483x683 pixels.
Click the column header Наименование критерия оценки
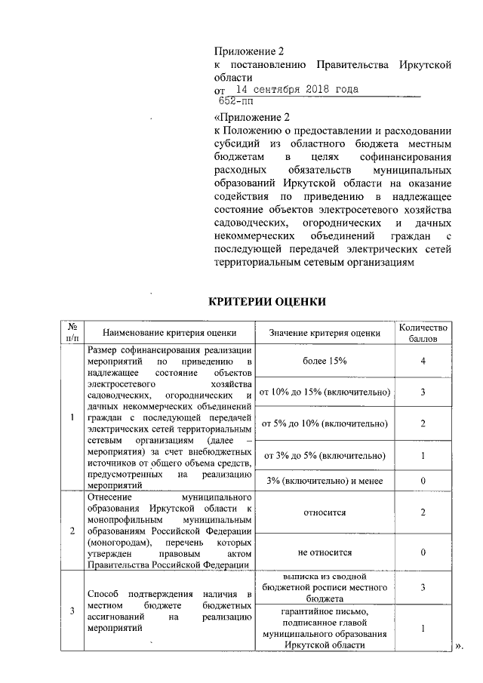(x=170, y=332)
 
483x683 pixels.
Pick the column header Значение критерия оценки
(x=325, y=332)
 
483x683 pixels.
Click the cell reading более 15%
(x=325, y=361)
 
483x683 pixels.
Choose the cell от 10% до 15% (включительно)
(x=325, y=392)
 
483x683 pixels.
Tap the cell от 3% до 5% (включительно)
(x=325, y=455)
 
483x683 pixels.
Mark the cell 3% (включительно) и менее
(x=325, y=481)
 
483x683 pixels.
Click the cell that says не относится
(x=325, y=552)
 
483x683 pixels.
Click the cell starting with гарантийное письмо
(x=325, y=628)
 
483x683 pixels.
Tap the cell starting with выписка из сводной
(x=325, y=587)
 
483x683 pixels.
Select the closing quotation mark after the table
(x=458, y=646)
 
